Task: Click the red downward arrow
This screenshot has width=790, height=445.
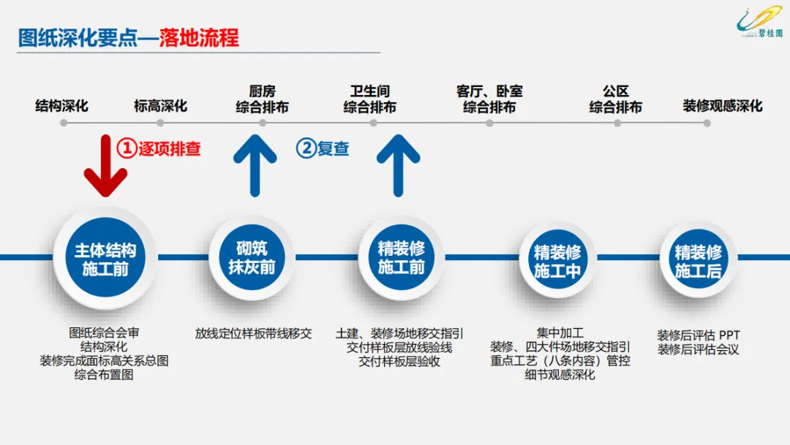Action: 105,167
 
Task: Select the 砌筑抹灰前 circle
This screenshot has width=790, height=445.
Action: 252,256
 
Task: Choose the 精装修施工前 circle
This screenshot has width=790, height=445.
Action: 401,257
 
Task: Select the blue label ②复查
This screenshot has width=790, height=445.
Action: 323,148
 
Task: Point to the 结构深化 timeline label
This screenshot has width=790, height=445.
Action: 62,106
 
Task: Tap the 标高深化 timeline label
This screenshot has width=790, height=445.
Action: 160,106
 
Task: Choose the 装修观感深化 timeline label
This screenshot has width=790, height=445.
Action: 723,106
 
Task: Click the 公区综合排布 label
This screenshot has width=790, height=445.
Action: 616,99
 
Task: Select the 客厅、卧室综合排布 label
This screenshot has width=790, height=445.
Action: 489,99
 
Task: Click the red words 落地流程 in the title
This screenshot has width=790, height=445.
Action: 199,38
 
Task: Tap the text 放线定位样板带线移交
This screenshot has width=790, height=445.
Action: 253,333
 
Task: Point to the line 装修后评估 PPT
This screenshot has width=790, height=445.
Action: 698,335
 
